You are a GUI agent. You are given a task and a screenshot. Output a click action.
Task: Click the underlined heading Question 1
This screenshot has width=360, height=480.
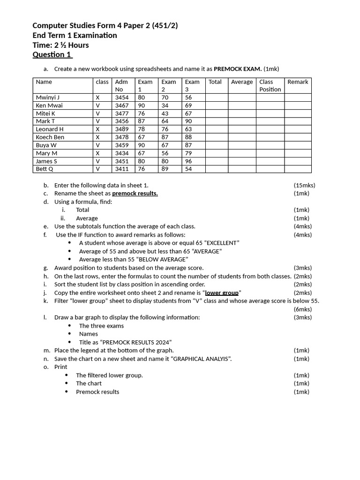52,55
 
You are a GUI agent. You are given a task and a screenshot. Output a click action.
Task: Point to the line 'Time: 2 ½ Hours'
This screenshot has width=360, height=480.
60,45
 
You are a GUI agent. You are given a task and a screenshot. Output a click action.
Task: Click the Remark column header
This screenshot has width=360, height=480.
298,82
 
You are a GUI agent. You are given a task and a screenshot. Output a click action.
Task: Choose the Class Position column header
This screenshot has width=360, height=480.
270,85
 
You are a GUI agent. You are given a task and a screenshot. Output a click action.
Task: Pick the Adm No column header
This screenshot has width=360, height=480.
121,85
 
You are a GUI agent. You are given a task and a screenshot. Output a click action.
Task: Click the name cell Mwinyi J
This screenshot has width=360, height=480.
48,97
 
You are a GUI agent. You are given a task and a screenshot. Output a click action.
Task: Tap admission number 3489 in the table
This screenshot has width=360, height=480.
122,129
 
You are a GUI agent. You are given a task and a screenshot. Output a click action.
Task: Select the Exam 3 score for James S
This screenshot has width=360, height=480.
188,161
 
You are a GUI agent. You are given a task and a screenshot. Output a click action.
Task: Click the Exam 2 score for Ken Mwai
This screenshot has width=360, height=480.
165,105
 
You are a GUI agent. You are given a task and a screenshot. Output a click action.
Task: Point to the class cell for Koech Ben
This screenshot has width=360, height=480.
97,137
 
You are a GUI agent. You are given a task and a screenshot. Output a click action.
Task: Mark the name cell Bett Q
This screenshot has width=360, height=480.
45,169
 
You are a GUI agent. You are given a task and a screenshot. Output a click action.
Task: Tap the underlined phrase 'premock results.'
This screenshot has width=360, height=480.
135,194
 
